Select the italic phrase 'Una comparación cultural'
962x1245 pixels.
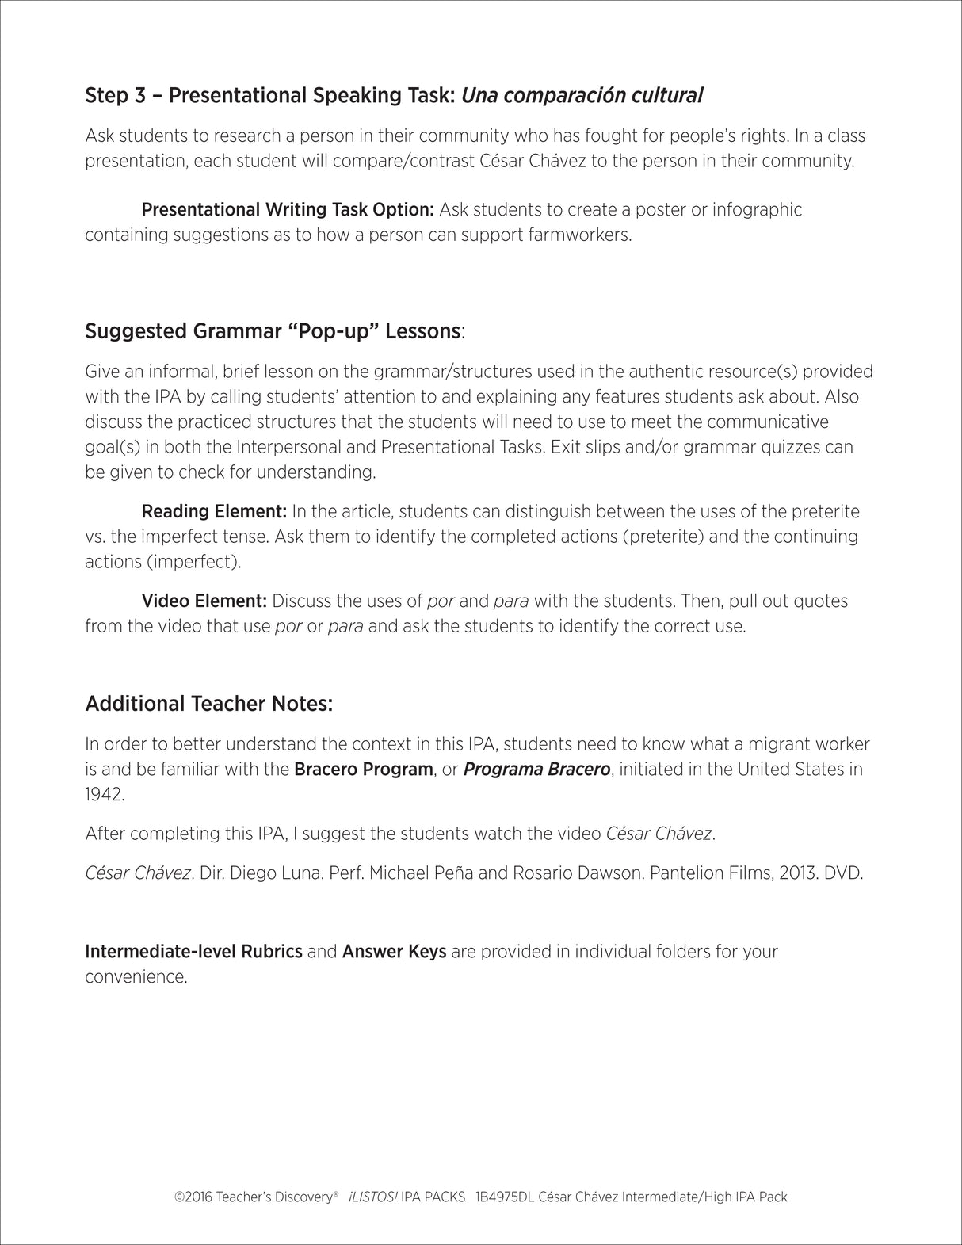(582, 96)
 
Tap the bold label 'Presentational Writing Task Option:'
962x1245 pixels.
(288, 210)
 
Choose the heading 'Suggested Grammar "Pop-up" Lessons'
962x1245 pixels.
(273, 331)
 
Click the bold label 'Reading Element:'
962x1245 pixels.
(214, 511)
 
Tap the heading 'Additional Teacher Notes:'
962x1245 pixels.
(209, 704)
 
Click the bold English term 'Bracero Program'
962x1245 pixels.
(364, 769)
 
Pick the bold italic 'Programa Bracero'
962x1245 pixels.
(536, 769)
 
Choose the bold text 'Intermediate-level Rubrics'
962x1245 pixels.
(193, 951)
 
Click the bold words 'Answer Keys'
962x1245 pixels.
(394, 951)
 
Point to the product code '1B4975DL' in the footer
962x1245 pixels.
(504, 1197)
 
